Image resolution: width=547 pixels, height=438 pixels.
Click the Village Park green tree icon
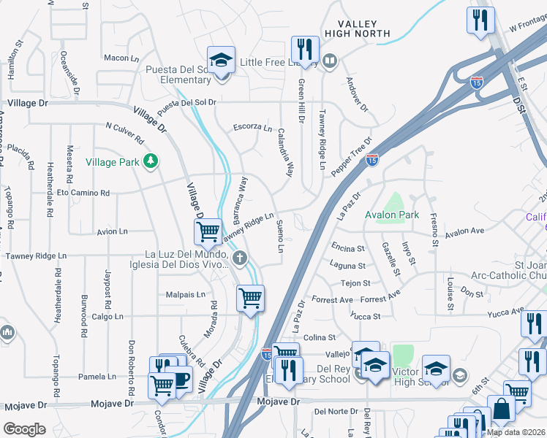(x=151, y=161)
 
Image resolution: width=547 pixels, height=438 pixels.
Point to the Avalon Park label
(x=393, y=215)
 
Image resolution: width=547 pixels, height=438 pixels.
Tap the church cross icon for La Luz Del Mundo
(x=240, y=257)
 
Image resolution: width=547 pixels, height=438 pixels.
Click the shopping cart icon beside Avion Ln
(x=208, y=231)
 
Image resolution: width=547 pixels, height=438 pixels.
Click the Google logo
(x=24, y=429)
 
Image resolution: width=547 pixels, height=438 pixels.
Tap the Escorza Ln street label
(x=252, y=126)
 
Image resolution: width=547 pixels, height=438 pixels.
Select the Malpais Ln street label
(x=186, y=295)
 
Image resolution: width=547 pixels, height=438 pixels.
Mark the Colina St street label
(x=319, y=337)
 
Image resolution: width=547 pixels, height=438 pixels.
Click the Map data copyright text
(x=516, y=432)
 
